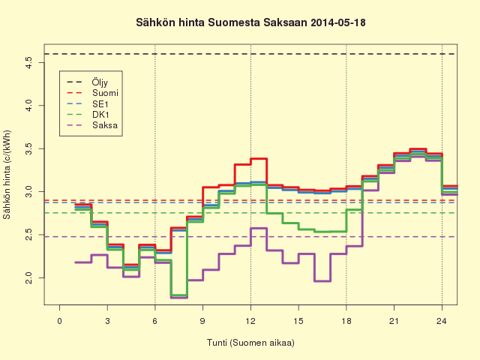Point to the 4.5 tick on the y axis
click(x=28, y=63)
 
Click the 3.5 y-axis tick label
click(x=28, y=148)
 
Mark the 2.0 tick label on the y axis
click(x=28, y=277)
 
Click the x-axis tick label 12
click(x=250, y=321)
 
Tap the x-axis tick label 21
click(x=394, y=321)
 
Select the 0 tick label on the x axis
click(x=60, y=321)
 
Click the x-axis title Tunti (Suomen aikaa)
click(x=250, y=343)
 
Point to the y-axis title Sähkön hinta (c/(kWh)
click(x=7, y=175)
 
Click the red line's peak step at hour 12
click(x=259, y=158)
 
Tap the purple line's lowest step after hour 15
click(x=322, y=281)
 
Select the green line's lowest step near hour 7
click(x=179, y=295)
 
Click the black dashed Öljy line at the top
click(x=250, y=54)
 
